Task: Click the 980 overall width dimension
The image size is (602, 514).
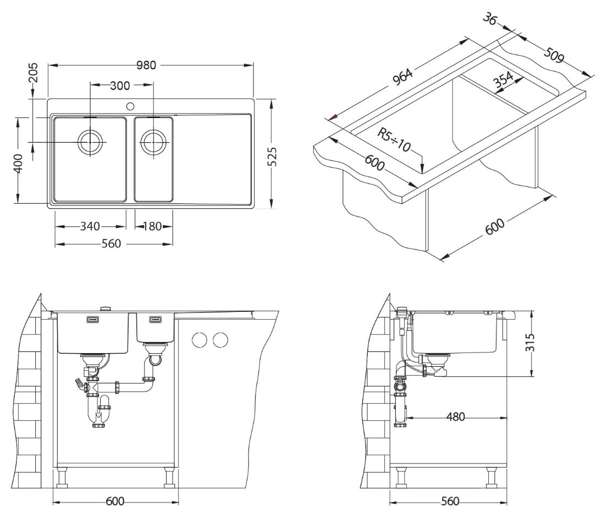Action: [147, 65]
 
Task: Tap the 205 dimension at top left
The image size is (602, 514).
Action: [34, 73]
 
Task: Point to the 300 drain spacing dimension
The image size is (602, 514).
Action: [120, 86]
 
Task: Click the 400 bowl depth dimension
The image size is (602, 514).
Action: [18, 164]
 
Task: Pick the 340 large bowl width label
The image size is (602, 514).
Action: [90, 226]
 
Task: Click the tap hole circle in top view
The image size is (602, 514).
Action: [130, 105]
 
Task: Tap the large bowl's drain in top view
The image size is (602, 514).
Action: [91, 142]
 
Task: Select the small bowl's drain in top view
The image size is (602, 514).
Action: [153, 142]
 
